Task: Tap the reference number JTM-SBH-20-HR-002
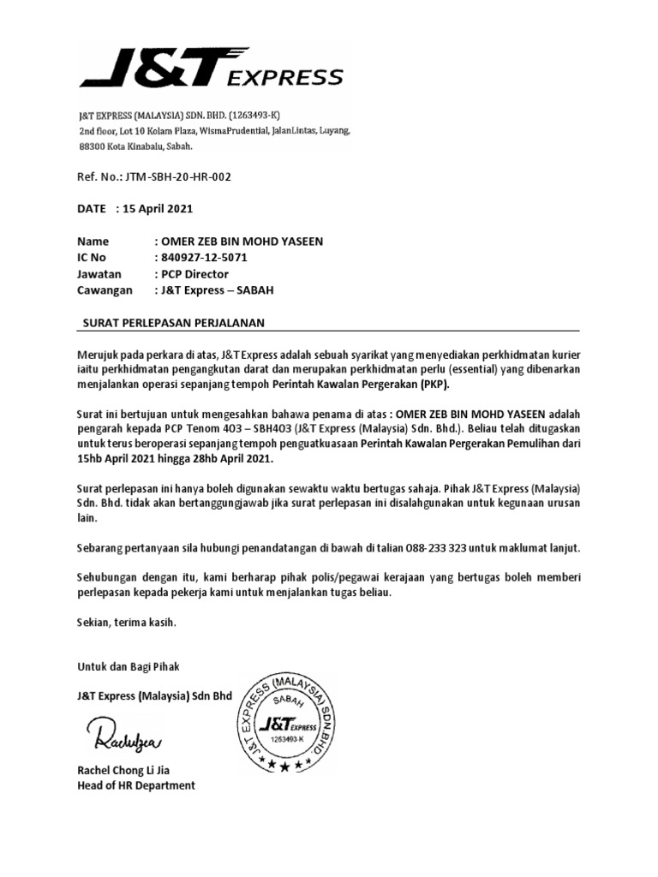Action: pos(176,176)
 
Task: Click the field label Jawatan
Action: pos(99,274)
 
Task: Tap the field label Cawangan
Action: pos(105,290)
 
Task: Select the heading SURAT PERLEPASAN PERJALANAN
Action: pos(173,322)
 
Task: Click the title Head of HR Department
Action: pos(136,785)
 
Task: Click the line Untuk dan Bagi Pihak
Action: pos(129,665)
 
